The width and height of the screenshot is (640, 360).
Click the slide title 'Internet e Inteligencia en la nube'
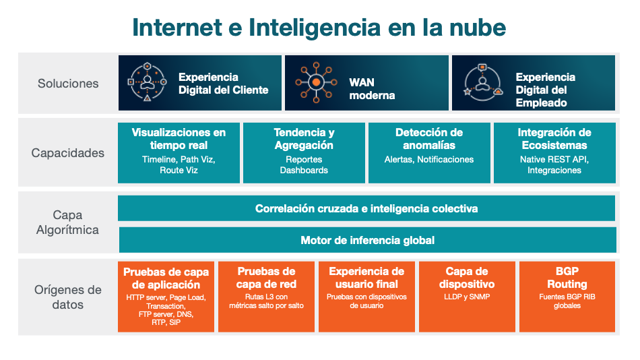(319, 28)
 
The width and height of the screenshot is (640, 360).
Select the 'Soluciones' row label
(68, 84)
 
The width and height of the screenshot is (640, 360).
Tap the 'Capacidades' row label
(68, 153)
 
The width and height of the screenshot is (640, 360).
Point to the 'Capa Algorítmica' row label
(67, 222)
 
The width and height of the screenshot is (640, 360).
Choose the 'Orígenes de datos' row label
(68, 297)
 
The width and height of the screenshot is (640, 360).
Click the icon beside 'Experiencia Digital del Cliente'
(148, 82)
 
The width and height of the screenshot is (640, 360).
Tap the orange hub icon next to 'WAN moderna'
(317, 82)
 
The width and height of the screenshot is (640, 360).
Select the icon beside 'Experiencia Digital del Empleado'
(483, 82)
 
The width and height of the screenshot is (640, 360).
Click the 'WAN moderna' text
(372, 89)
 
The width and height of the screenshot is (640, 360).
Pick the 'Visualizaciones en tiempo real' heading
(179, 139)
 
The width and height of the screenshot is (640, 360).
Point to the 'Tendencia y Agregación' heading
(304, 139)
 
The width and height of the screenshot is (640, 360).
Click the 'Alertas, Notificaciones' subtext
(429, 159)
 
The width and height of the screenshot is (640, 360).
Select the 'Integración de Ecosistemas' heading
(554, 139)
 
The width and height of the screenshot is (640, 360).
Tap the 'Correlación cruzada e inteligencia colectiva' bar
(366, 208)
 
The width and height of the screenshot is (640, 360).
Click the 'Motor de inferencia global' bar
(368, 240)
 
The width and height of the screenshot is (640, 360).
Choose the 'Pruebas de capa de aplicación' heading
(166, 278)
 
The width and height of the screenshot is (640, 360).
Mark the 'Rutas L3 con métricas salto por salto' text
(267, 301)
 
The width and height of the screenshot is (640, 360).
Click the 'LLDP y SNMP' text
(467, 297)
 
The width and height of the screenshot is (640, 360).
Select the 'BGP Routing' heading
(567, 278)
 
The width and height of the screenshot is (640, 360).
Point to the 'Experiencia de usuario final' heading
(366, 278)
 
